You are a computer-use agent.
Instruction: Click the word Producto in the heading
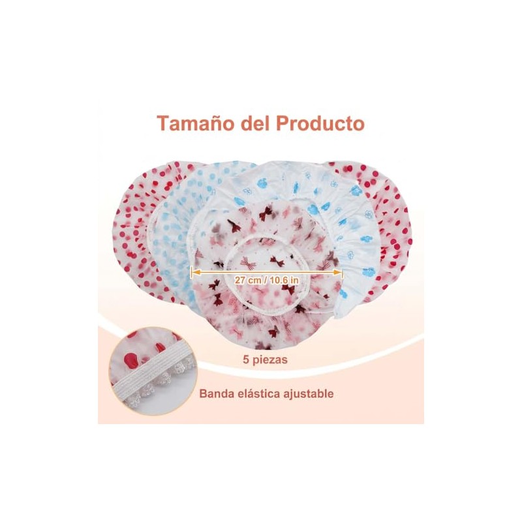[320, 123]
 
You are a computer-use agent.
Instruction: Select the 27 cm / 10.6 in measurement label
[266, 281]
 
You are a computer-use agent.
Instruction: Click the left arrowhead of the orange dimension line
[193, 272]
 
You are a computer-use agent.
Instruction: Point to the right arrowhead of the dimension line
[339, 272]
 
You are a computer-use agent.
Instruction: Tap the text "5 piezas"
[265, 360]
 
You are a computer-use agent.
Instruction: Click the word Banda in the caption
[216, 393]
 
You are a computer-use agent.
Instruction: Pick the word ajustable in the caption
[308, 394]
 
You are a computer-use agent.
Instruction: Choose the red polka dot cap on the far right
[393, 233]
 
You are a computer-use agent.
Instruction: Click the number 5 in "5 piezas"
[246, 360]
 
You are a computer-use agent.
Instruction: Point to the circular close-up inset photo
[153, 371]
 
